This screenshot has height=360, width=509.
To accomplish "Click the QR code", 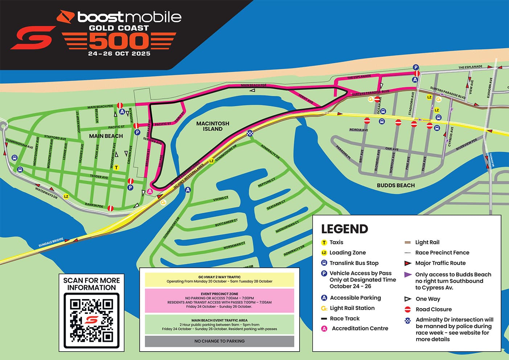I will click(91, 320).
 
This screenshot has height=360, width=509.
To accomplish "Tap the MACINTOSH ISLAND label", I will click(213, 126).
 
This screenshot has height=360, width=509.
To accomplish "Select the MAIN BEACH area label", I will click(106, 136).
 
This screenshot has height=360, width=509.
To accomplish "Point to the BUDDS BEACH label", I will click(395, 185).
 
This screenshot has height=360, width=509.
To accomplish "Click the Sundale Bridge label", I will click(51, 242).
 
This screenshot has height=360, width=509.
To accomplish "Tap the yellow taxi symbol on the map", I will click(116, 168).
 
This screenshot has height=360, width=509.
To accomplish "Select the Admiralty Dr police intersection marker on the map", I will click(250, 134).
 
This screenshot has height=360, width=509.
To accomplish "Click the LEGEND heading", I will click(344, 229).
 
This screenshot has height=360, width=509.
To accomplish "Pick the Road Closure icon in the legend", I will click(408, 309).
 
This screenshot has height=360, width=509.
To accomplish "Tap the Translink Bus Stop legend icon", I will click(324, 263).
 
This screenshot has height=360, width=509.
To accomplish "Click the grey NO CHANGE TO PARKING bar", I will click(219, 341).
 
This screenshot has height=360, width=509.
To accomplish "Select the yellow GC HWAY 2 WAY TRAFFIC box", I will click(219, 279).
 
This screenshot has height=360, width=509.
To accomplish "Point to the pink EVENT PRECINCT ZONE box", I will click(219, 300).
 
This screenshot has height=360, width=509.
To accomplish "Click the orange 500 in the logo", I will click(119, 41).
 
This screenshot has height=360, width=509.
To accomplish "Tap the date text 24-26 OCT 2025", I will click(119, 54).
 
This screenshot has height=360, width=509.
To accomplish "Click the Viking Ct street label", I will click(221, 199).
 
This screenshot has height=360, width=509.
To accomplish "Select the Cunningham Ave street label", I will click(20, 144).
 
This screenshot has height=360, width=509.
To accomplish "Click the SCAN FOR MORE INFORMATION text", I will click(91, 284).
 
